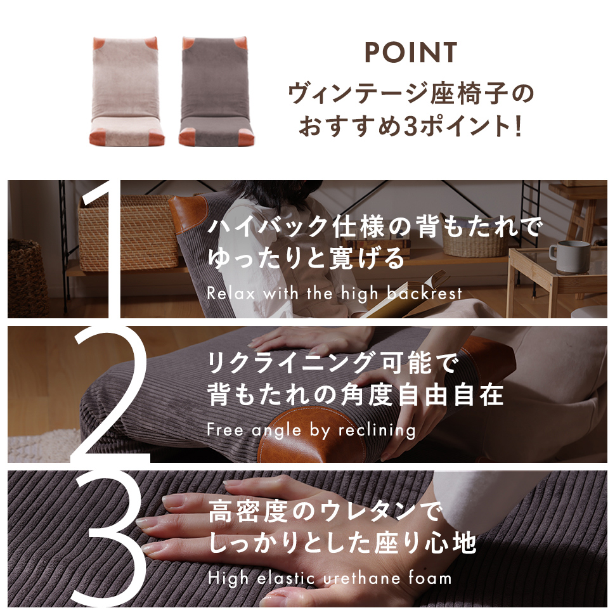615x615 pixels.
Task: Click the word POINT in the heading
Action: point(411,52)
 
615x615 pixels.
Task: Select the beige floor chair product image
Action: point(127,91)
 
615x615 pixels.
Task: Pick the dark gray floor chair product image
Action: point(216,91)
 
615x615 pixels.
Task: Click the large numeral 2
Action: point(110,394)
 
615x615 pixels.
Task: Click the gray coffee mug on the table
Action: point(569,257)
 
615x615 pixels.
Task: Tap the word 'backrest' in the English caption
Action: point(424,294)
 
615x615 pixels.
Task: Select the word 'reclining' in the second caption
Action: point(377,430)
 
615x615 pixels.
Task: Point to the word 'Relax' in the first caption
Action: point(231,294)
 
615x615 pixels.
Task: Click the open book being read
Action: point(408,296)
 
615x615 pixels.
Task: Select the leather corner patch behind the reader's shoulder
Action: point(188,214)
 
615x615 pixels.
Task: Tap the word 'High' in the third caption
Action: point(228,578)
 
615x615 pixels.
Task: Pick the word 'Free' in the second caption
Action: point(225,429)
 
